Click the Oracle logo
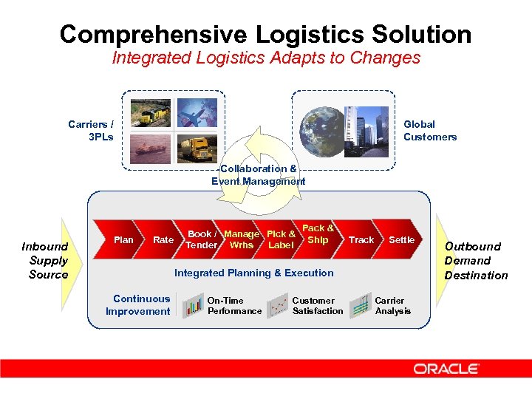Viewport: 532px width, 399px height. [446, 369]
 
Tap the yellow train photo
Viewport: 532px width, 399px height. [151, 114]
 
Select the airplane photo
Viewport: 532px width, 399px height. [197, 112]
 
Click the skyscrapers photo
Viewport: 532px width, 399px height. [364, 131]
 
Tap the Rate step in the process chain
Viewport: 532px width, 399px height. [163, 239]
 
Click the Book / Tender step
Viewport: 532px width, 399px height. [202, 239]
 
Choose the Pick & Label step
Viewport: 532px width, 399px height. [281, 239]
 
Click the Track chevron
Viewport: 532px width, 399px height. [361, 239]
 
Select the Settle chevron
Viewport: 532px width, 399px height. [401, 239]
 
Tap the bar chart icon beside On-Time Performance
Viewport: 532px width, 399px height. [194, 305]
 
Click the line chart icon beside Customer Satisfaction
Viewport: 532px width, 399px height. [279, 305]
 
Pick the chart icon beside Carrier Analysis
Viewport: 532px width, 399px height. [360, 305]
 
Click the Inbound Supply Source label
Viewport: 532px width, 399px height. [45, 260]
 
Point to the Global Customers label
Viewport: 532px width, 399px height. [429, 131]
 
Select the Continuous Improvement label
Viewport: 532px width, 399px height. [138, 305]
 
